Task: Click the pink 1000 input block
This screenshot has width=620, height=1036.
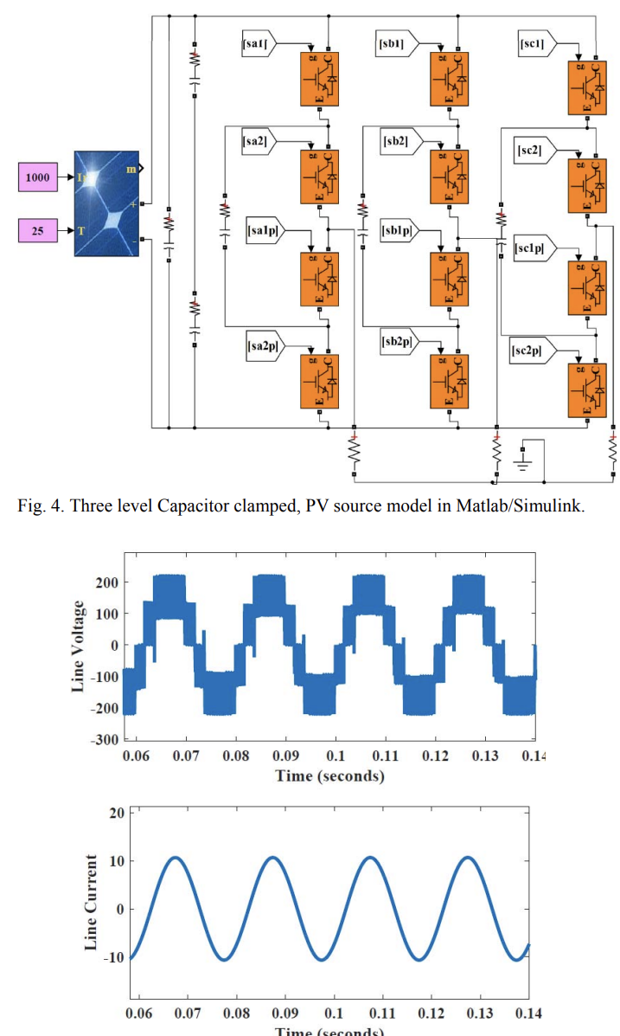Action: pos(38,177)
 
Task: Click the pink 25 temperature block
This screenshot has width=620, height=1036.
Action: pos(38,231)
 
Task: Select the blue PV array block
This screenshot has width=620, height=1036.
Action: pos(105,203)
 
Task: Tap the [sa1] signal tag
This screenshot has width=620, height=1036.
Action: pos(257,42)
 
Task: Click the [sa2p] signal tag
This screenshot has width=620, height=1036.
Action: pos(260,345)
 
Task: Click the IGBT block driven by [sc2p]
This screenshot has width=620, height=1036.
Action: pos(587,390)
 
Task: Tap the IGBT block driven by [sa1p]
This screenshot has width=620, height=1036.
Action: pos(319,279)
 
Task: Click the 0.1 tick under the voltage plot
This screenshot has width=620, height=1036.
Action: pos(336,756)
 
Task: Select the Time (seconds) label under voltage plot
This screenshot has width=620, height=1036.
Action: pos(329,775)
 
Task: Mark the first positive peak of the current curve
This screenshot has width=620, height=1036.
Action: pos(176,857)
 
